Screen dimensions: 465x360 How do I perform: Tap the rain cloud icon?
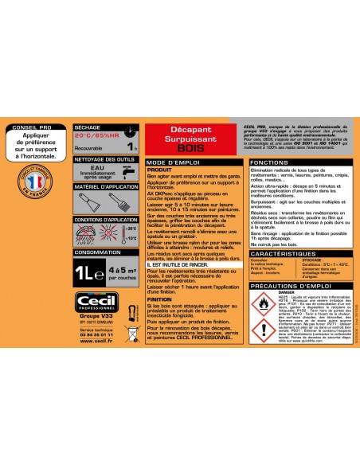coord(88,234)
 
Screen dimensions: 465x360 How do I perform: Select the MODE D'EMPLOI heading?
coord(171,162)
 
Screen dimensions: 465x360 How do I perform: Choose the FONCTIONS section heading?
coord(247,162)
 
